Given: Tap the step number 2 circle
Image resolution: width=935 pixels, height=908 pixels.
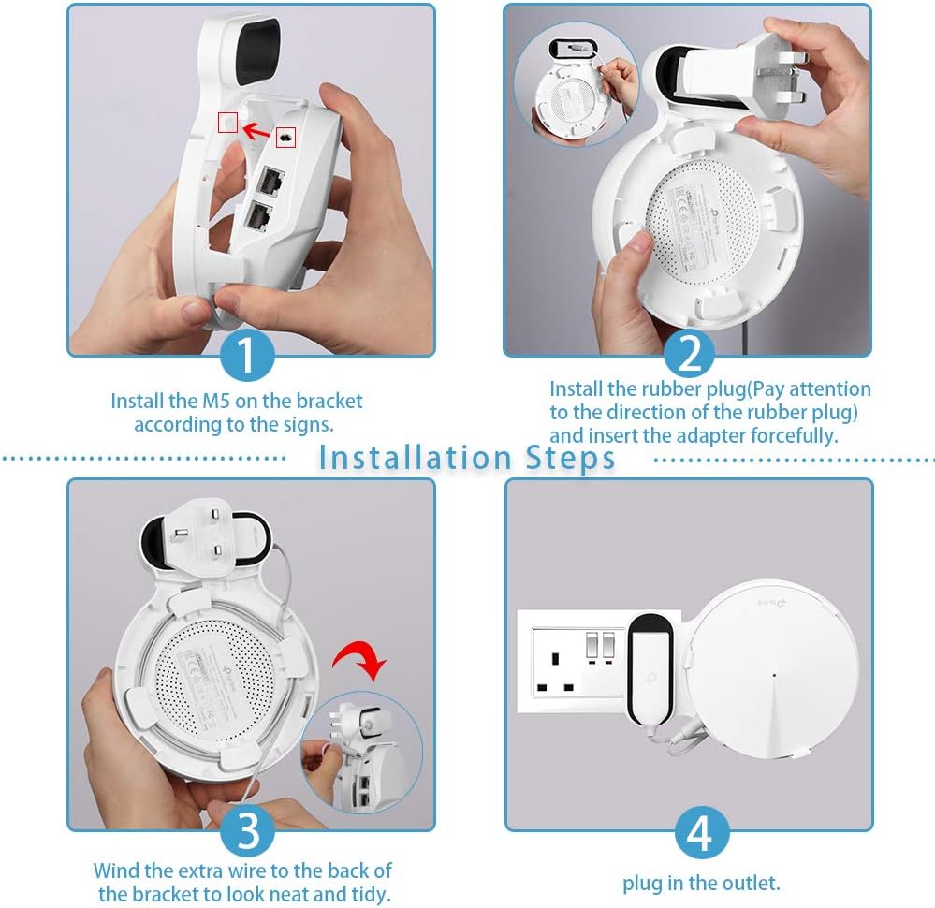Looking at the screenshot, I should click(x=689, y=354).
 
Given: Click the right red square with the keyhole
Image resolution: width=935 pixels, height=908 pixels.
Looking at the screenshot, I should click(x=285, y=137).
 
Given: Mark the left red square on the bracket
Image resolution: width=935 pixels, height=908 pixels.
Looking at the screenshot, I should click(x=227, y=123).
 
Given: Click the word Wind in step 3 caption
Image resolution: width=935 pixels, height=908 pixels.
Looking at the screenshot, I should click(x=117, y=871).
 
